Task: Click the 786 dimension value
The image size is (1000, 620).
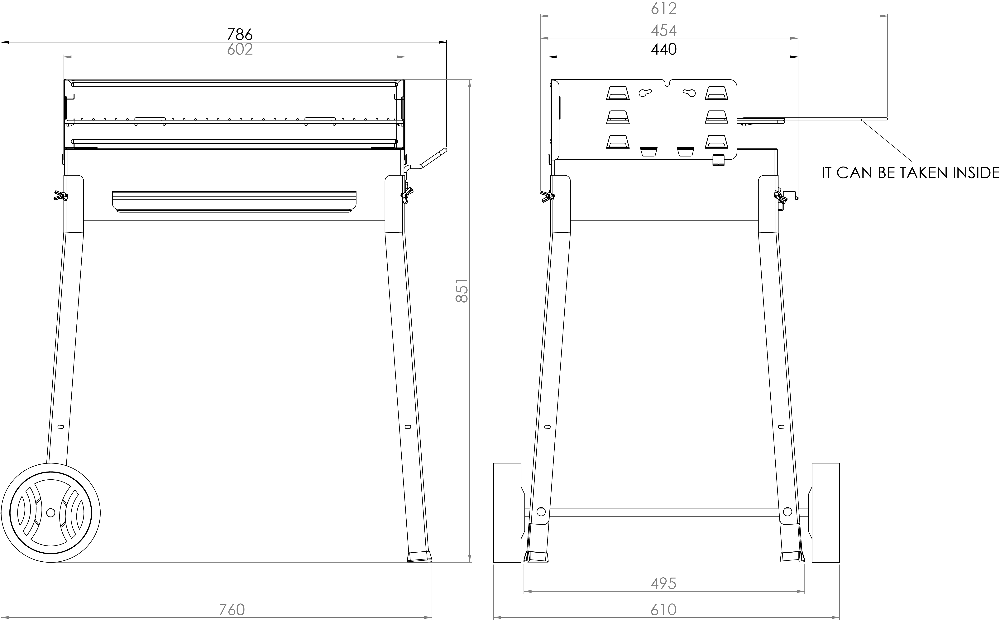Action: tap(240, 34)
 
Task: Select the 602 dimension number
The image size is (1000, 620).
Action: tap(240, 49)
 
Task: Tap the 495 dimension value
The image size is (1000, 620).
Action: tap(663, 584)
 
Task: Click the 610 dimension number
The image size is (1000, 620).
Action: tap(663, 610)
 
